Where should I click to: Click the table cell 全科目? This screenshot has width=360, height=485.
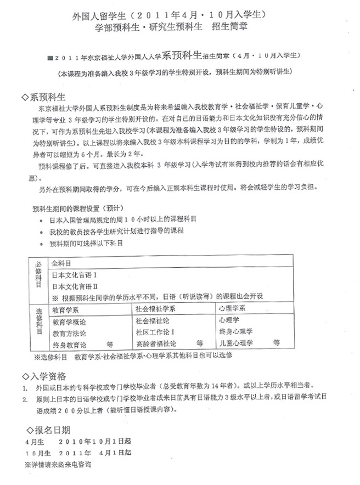(60, 263)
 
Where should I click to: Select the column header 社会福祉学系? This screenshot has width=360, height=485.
(156, 308)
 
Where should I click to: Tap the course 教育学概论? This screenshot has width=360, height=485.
(70, 321)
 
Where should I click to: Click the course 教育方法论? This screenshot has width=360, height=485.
(70, 332)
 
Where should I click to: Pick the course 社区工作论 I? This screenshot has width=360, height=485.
(155, 332)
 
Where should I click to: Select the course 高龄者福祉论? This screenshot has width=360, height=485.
(156, 344)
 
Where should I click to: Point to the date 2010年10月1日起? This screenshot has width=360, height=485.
(95, 442)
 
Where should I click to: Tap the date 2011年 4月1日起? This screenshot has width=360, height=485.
(95, 453)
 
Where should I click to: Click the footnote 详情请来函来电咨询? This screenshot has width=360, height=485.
(58, 464)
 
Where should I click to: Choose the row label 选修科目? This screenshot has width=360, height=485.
(38, 326)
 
